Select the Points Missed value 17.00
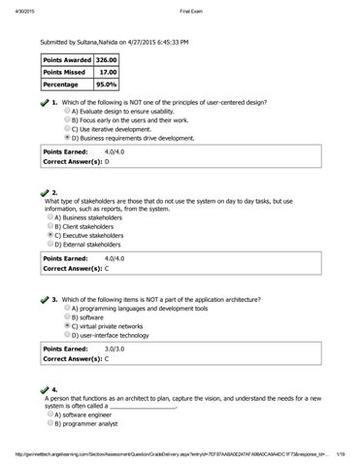(x=108, y=71)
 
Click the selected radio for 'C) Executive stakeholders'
(x=50, y=235)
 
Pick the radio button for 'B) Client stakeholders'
(x=50, y=225)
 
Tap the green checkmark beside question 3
(x=39, y=299)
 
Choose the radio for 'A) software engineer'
(x=50, y=415)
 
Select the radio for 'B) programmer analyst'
(x=50, y=424)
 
